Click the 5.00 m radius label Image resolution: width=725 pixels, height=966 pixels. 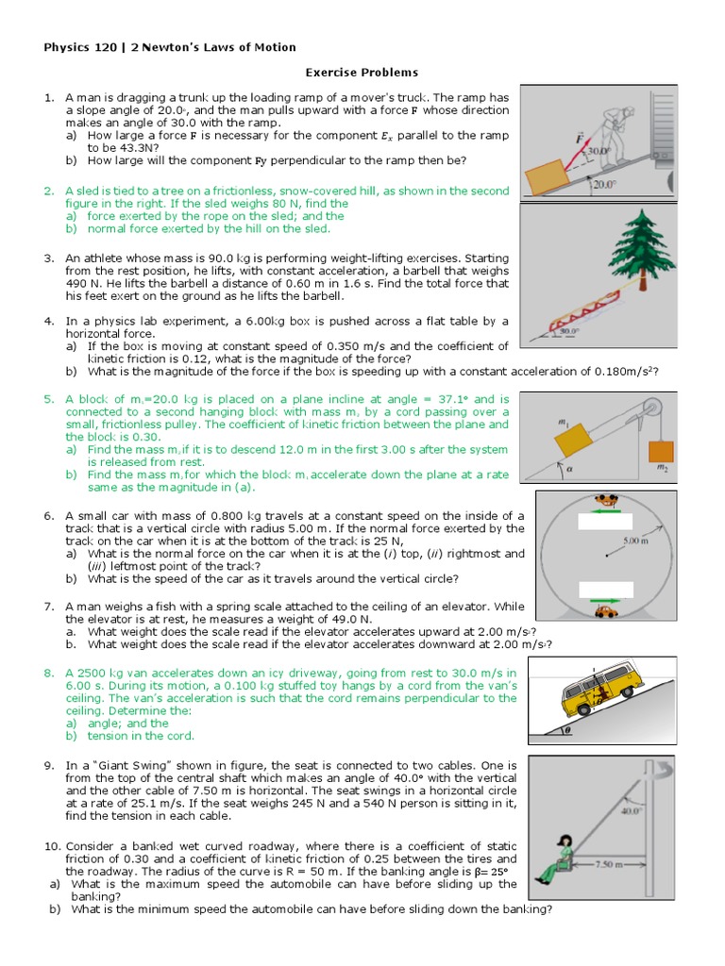coord(635,541)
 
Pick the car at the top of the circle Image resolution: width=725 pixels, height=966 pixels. coord(604,501)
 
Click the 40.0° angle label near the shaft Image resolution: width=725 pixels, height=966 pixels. coord(630,809)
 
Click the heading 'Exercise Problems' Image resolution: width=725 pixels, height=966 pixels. coord(362,72)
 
